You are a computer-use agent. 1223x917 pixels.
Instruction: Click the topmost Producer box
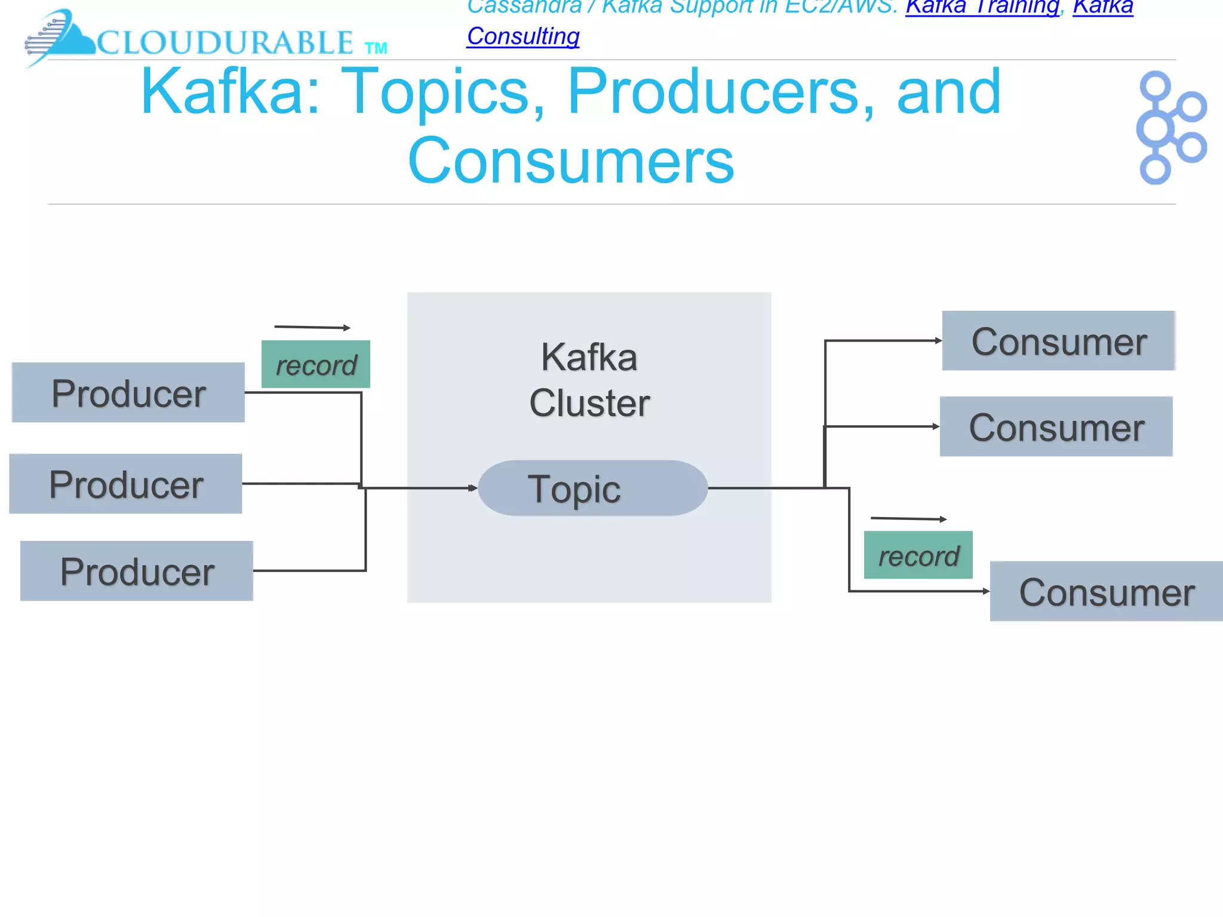point(128,393)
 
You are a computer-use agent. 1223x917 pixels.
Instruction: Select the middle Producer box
point(126,484)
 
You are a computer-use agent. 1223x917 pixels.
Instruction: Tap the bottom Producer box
point(137,571)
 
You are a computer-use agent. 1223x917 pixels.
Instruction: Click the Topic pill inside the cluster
point(592,488)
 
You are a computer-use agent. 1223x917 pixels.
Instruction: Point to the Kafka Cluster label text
point(589,380)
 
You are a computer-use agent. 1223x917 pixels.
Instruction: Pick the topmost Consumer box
point(1058,341)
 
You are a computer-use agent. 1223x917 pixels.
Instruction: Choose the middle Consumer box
point(1056,427)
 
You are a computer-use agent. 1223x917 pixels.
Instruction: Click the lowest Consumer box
point(1106,592)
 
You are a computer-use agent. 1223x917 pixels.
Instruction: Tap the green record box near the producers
point(316,364)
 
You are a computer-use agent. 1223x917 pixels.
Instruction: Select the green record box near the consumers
point(918,555)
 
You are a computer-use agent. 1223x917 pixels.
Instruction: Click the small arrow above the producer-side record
point(312,327)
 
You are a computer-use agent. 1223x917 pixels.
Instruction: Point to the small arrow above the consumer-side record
point(908,519)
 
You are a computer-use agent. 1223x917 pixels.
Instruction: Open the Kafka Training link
point(982,7)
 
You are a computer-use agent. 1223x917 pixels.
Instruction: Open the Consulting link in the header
point(523,36)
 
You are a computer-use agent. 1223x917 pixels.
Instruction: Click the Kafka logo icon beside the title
point(1170,128)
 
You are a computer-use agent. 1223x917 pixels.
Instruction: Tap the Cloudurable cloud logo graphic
point(60,37)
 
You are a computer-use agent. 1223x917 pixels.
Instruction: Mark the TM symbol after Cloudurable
point(376,48)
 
